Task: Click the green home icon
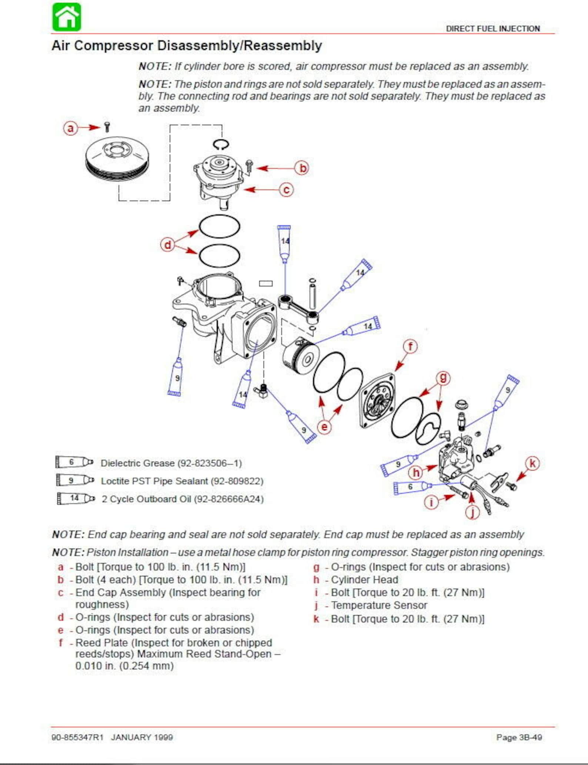pyautogui.click(x=67, y=17)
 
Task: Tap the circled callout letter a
pyautogui.click(x=70, y=128)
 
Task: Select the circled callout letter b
pyautogui.click(x=302, y=168)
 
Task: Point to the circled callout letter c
pyautogui.click(x=286, y=190)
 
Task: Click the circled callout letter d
pyautogui.click(x=167, y=245)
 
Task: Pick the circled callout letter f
pyautogui.click(x=410, y=347)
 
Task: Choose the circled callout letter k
pyautogui.click(x=532, y=463)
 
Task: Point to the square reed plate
pyautogui.click(x=377, y=401)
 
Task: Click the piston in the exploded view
pyautogui.click(x=300, y=355)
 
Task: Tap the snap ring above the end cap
pyautogui.click(x=221, y=144)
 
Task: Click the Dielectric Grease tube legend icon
pyautogui.click(x=74, y=462)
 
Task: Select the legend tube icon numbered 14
pyautogui.click(x=76, y=498)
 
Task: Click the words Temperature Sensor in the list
pyautogui.click(x=379, y=605)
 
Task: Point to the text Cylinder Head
pyautogui.click(x=364, y=580)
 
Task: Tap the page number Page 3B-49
pyautogui.click(x=519, y=737)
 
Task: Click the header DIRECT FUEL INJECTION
pyautogui.click(x=493, y=29)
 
